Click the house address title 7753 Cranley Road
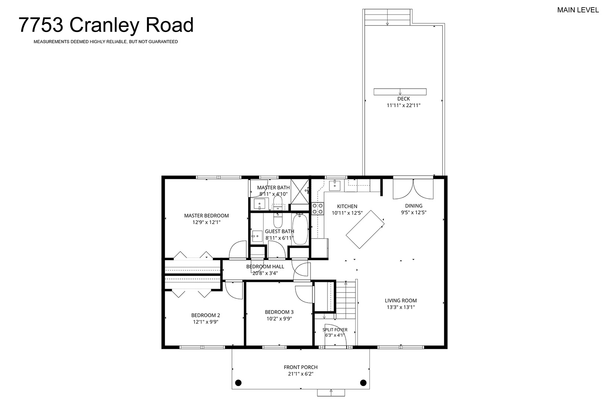coord(106,25)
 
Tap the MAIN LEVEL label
coord(578,10)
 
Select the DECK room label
coord(403,99)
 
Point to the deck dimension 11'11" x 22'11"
coord(403,106)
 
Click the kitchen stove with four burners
coord(318,209)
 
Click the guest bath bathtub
coord(300,229)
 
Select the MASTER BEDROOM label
coord(206,216)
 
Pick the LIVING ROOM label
coord(401,300)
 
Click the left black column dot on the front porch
coord(238,383)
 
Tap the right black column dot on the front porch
coord(363,383)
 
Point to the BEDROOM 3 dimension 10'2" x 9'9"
coord(279,319)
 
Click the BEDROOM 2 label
coord(206,315)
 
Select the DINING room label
coord(414,206)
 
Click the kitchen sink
coord(335,185)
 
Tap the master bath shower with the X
coord(300,191)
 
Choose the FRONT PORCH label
coord(301,367)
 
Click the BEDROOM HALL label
coord(265,267)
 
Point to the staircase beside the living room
coord(345,300)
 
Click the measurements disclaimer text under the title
coord(106,42)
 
